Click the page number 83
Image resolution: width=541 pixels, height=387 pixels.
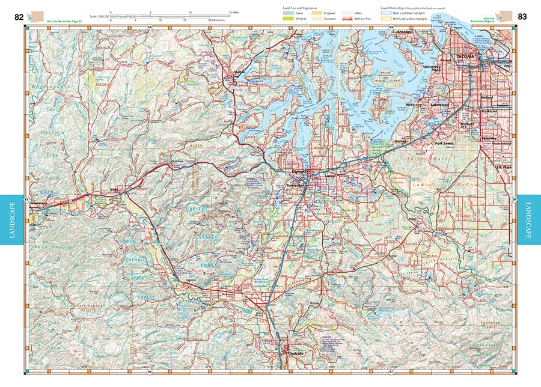[x=522, y=17]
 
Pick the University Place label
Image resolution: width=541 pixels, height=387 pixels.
[x=432, y=69]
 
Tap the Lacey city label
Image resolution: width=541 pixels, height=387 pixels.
[x=313, y=176]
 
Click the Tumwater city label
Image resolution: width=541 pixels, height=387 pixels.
[x=298, y=187]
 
